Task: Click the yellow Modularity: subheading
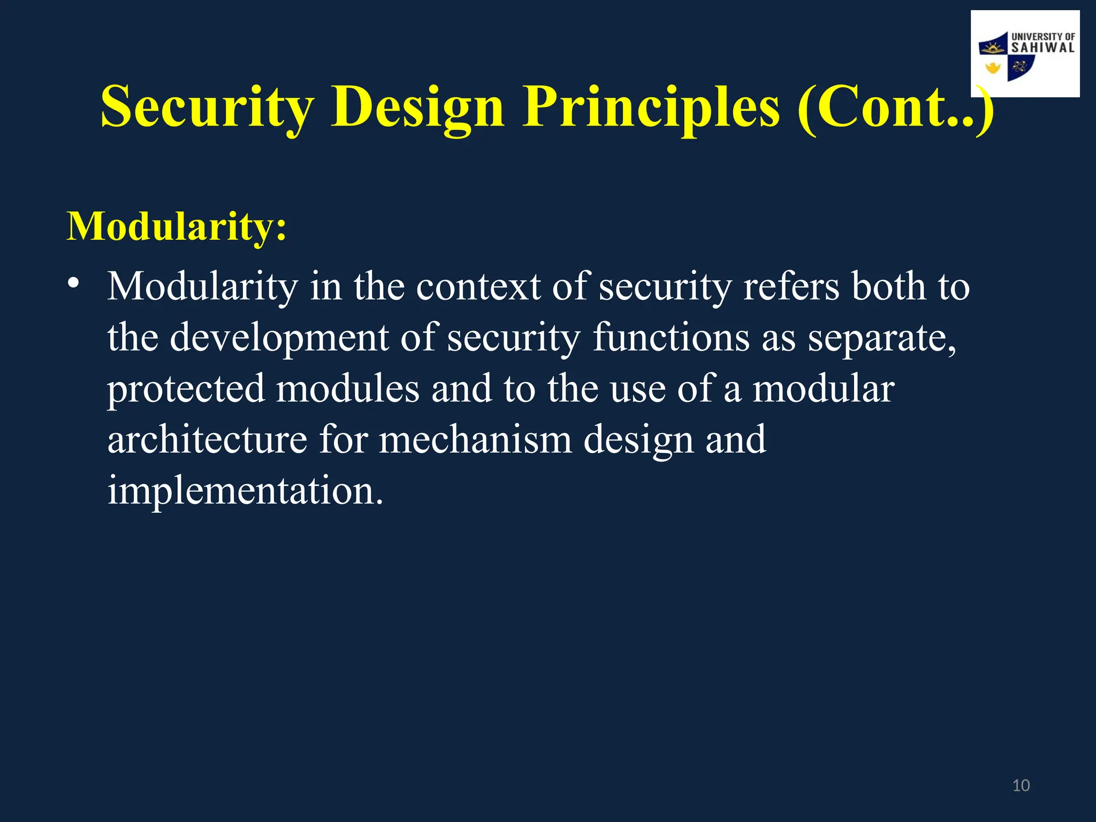tap(177, 227)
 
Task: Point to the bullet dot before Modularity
tap(73, 283)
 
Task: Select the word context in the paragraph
tap(478, 287)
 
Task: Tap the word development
tap(279, 338)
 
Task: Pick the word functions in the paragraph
tap(671, 338)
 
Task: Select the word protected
tap(186, 390)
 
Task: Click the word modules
tap(347, 390)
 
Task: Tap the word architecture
tap(207, 440)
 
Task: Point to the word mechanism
tap(475, 440)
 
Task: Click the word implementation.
tap(245, 491)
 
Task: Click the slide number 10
tap(1021, 786)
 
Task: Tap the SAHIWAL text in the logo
tap(1042, 48)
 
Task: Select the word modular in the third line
tap(823, 390)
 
